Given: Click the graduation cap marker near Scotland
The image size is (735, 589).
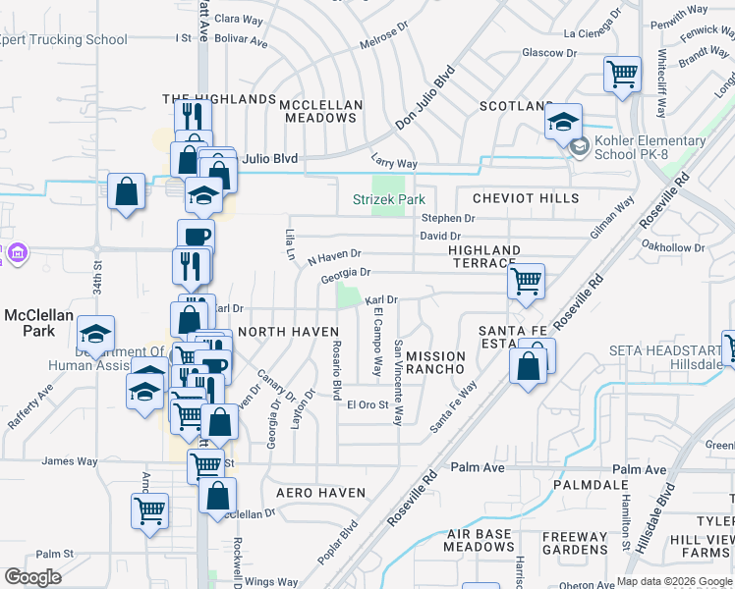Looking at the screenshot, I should click(x=563, y=122).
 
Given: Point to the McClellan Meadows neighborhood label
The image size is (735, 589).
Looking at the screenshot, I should click(x=320, y=111).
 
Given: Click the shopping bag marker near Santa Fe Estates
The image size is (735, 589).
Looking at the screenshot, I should click(x=530, y=367).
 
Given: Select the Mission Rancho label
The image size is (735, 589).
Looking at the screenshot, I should click(x=434, y=361).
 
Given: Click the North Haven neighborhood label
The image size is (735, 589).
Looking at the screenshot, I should click(x=289, y=332).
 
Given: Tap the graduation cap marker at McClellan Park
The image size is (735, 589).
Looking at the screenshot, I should click(x=96, y=335).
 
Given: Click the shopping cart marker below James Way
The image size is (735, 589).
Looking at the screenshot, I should click(x=150, y=510).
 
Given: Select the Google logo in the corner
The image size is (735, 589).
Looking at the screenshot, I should click(x=32, y=577).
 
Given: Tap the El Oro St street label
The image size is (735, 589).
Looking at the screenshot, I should click(x=367, y=404).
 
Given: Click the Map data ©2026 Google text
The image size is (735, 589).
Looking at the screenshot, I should click(x=674, y=581).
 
